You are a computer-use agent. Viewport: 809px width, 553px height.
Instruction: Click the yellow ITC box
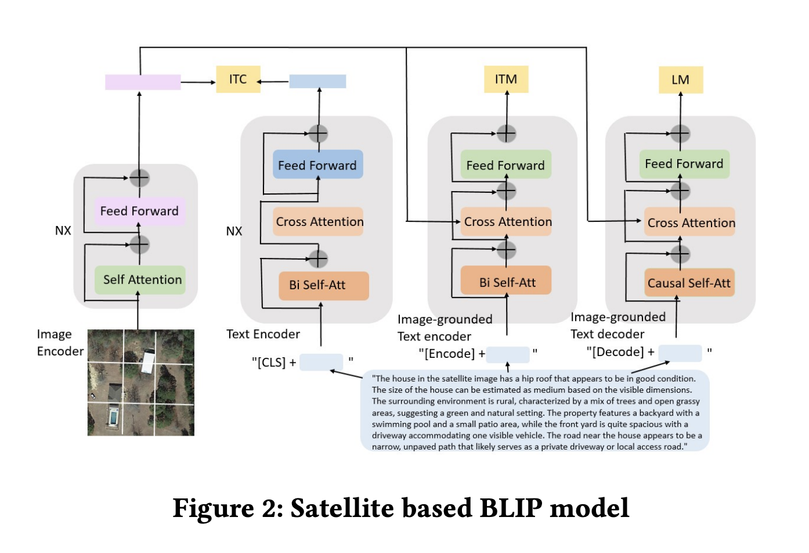[x=238, y=79]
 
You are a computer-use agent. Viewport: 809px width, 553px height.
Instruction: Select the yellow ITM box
[x=506, y=79]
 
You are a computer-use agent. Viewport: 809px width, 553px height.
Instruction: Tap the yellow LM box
[x=681, y=80]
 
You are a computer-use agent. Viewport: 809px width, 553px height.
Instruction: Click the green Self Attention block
[x=140, y=280]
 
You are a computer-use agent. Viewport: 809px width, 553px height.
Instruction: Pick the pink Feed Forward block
[x=140, y=211]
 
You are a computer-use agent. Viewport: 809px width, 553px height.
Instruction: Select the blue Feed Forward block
[x=318, y=164]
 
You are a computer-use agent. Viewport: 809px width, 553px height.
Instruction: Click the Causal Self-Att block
[x=689, y=283]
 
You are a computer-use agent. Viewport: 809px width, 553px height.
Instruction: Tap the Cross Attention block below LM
[x=689, y=222]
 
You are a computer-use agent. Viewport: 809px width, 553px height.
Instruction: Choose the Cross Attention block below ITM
[x=506, y=221]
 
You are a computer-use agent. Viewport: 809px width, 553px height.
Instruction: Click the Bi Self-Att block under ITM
[x=506, y=281]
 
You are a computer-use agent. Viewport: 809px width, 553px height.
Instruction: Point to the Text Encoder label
[x=263, y=334]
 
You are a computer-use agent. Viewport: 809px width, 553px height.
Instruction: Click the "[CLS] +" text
[x=274, y=362]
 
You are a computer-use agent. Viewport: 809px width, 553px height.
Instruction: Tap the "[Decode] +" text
[x=620, y=351]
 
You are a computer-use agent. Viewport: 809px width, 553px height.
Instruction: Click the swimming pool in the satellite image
[x=113, y=418]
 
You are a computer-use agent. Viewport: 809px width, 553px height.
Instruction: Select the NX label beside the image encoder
[x=63, y=231]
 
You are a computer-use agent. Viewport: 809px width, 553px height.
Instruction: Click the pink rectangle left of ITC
[x=143, y=82]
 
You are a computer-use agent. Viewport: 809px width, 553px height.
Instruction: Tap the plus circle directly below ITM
[x=506, y=134]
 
